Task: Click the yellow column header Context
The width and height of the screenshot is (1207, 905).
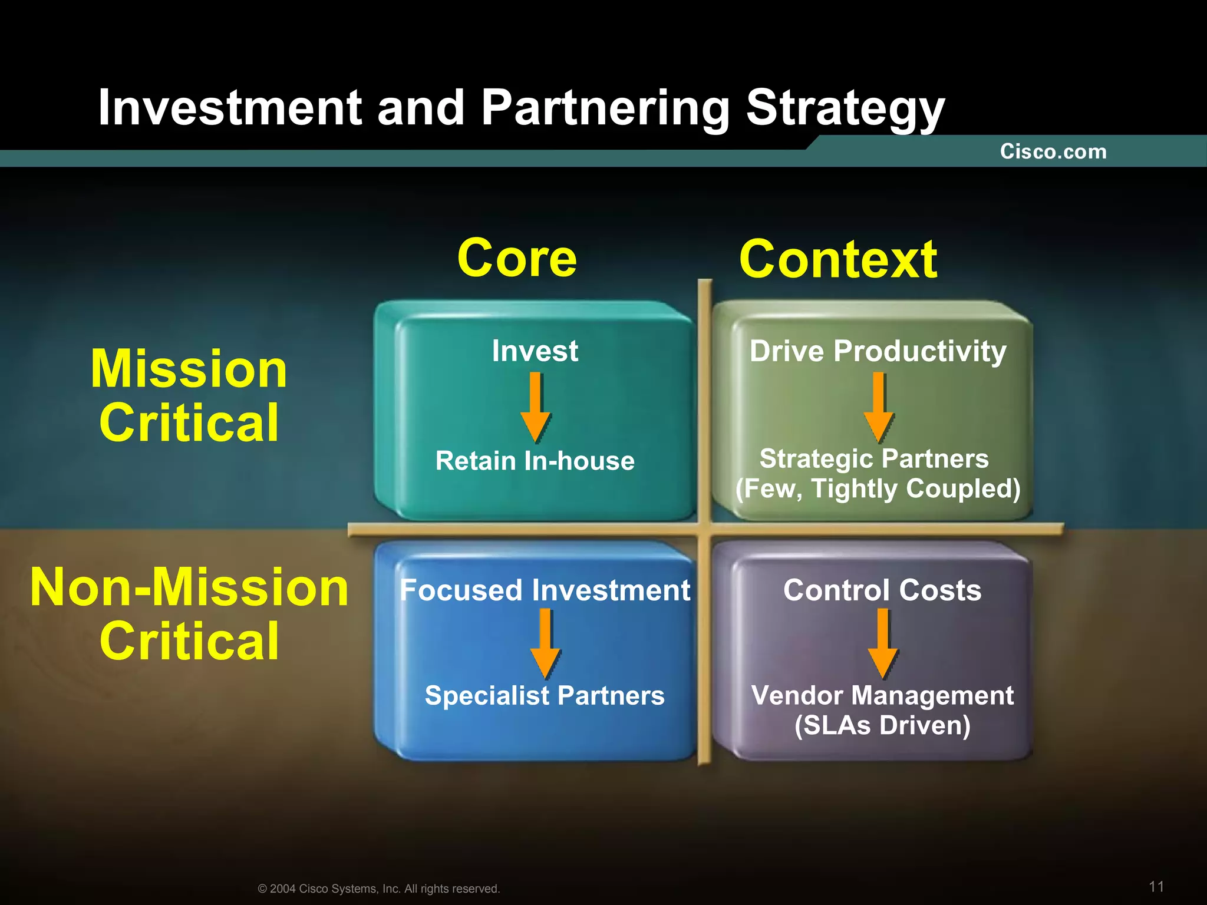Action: (x=838, y=259)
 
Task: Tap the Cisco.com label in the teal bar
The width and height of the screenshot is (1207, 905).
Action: (x=1053, y=151)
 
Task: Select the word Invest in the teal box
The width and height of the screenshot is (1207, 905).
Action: (x=535, y=351)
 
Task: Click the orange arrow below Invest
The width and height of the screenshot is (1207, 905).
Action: (x=535, y=407)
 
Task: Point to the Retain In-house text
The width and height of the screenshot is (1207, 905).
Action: (x=535, y=461)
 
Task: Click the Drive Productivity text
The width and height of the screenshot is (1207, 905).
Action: (x=878, y=352)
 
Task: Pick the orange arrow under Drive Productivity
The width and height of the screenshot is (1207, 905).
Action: (x=878, y=407)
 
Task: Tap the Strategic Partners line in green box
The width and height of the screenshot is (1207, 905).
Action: (x=874, y=458)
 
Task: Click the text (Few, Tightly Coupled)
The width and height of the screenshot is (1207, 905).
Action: (x=878, y=488)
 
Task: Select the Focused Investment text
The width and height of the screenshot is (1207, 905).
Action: (x=545, y=590)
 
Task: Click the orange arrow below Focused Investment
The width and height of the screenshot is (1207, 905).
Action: (x=545, y=643)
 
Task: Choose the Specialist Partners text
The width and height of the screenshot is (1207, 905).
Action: (x=545, y=696)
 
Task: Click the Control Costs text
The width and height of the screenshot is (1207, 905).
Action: (x=882, y=590)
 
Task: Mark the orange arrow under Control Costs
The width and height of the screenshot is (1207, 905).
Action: (x=883, y=643)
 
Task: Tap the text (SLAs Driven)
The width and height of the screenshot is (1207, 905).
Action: (x=882, y=725)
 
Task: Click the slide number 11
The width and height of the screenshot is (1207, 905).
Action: (x=1156, y=886)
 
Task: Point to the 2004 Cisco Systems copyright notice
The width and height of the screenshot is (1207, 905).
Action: (x=379, y=889)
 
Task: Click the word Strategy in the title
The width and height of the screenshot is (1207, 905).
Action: (x=845, y=108)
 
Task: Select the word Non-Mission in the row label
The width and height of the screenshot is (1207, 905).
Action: (x=189, y=587)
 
